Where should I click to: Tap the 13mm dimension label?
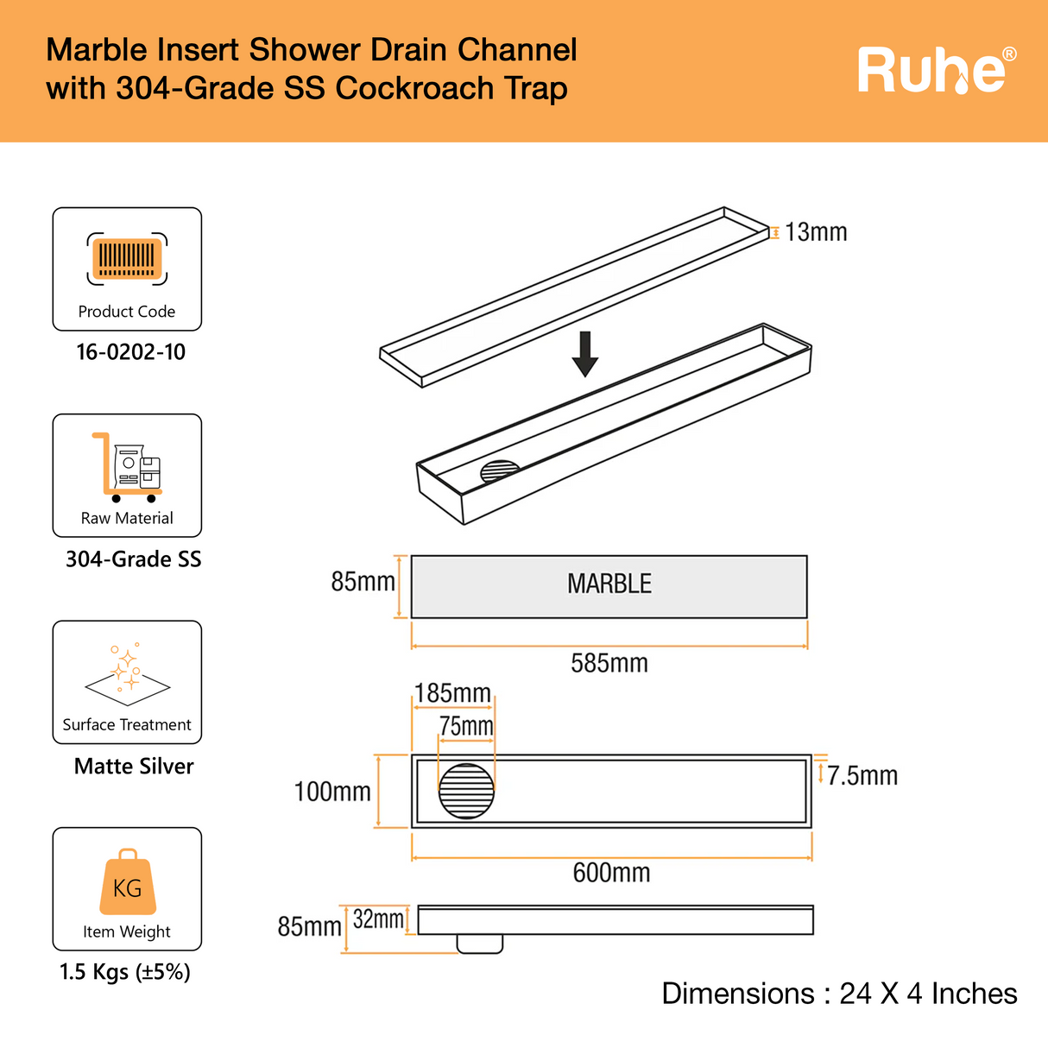(x=816, y=232)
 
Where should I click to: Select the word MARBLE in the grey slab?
(x=609, y=584)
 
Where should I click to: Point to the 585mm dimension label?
(x=609, y=663)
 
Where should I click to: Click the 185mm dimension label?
(x=452, y=693)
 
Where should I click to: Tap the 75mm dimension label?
(x=466, y=726)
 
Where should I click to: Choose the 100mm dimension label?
(x=332, y=792)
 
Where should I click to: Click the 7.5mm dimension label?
(x=862, y=776)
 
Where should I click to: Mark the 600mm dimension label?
(x=611, y=873)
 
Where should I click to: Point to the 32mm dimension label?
(x=378, y=919)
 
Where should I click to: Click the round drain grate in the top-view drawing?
(x=466, y=791)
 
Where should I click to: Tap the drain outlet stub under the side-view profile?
(x=479, y=944)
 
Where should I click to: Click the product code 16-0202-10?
(x=130, y=352)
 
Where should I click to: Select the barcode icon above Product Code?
(x=127, y=258)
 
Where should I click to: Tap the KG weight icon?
(x=128, y=884)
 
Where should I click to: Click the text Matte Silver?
(x=134, y=767)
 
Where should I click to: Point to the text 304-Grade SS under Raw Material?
(x=133, y=559)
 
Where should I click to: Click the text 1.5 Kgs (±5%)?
(x=125, y=972)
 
